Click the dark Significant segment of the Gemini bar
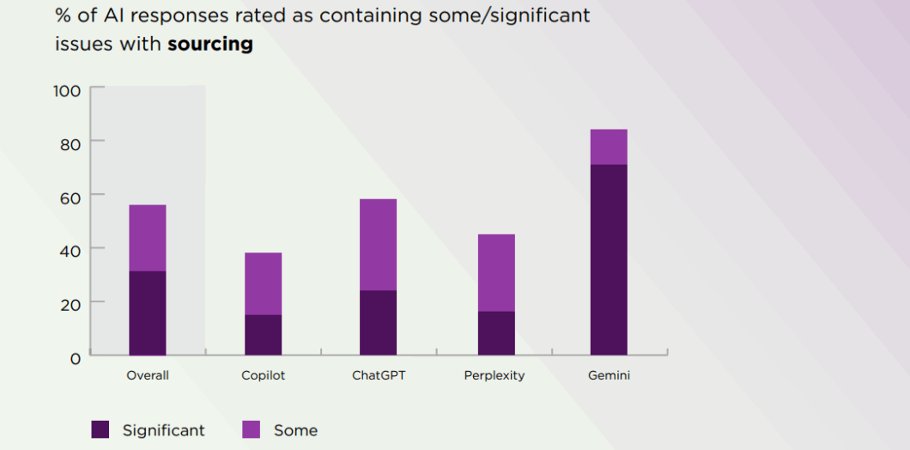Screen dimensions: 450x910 tap(609, 259)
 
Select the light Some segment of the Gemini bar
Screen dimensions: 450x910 tap(609, 147)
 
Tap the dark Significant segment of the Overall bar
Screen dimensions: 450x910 tap(148, 313)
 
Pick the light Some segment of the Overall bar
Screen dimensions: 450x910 tap(148, 238)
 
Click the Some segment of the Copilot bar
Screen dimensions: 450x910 tap(263, 283)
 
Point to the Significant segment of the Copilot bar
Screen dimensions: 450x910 tap(263, 335)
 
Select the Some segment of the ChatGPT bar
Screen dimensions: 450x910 tap(378, 245)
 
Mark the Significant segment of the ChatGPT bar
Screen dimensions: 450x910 tap(378, 323)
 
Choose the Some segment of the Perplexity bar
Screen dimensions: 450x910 tap(496, 272)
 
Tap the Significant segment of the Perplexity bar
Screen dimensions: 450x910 tap(496, 333)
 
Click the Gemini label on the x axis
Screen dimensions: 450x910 tap(609, 375)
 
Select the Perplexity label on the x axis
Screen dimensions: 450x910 tap(494, 375)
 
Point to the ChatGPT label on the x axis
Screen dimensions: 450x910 tap(379, 375)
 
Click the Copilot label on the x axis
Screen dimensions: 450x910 tap(264, 375)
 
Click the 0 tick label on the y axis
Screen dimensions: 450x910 tap(75, 357)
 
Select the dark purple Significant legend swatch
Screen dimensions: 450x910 tap(100, 429)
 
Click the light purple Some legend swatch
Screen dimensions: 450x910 tap(252, 429)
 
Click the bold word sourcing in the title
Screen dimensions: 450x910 tap(210, 44)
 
